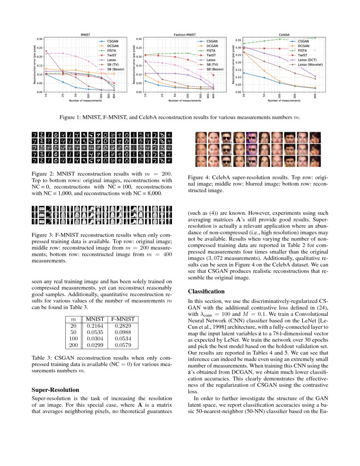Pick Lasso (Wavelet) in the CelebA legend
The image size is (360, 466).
coord(311,64)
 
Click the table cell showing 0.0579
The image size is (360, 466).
coord(122,345)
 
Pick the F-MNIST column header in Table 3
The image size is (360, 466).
coord(122,319)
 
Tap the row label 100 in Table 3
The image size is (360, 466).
coord(73,339)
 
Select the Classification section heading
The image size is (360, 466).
coord(206,291)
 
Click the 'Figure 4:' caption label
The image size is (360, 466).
coord(199,178)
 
